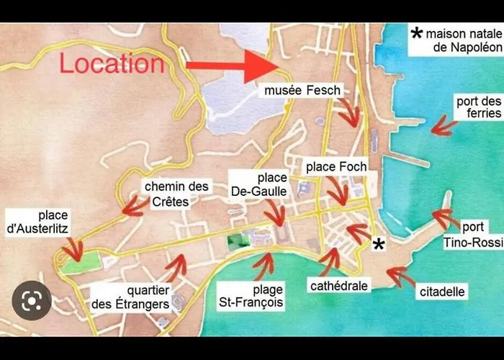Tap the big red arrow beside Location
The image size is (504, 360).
coord(231,66)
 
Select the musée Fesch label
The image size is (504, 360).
coord(302,90)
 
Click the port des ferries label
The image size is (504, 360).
coord(478,108)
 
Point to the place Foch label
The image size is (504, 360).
coord(336,166)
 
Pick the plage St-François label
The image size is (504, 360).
coord(251,297)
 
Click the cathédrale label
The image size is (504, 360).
coord(339,286)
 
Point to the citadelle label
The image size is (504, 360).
coord(441,292)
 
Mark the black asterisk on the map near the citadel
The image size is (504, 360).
coord(379,244)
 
